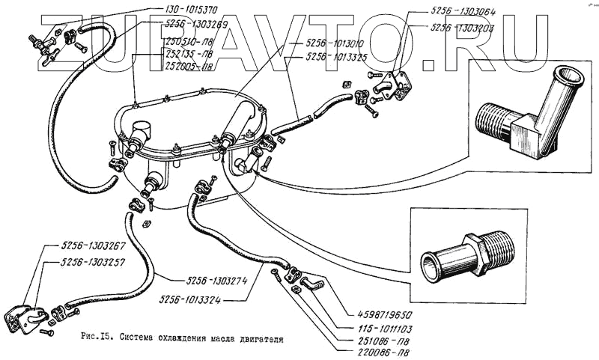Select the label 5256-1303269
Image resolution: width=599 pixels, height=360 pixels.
click(x=191, y=23)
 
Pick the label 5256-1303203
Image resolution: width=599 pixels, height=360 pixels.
click(x=463, y=27)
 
